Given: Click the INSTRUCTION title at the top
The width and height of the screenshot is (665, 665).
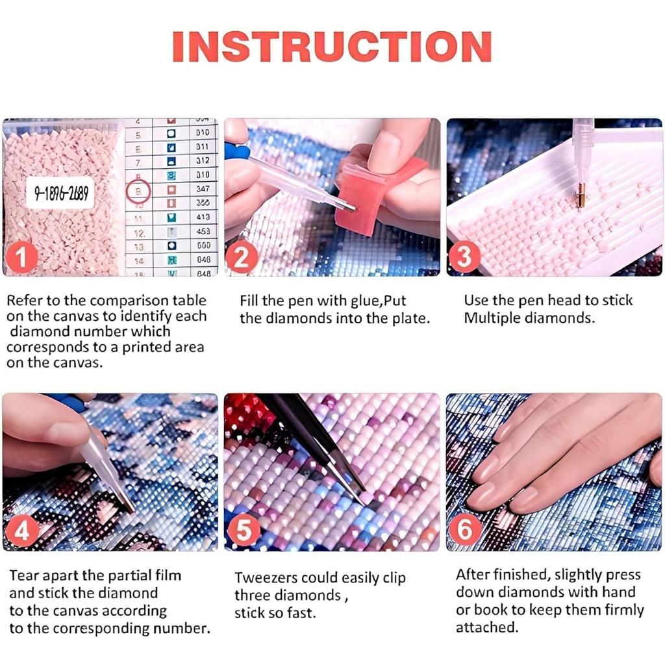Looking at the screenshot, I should [x=332, y=46].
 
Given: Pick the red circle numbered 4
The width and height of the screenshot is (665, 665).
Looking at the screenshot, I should [x=21, y=533].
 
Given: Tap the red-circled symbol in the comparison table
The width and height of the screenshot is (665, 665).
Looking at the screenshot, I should [x=138, y=192].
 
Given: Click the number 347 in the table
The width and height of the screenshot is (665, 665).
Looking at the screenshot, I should [x=203, y=188].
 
